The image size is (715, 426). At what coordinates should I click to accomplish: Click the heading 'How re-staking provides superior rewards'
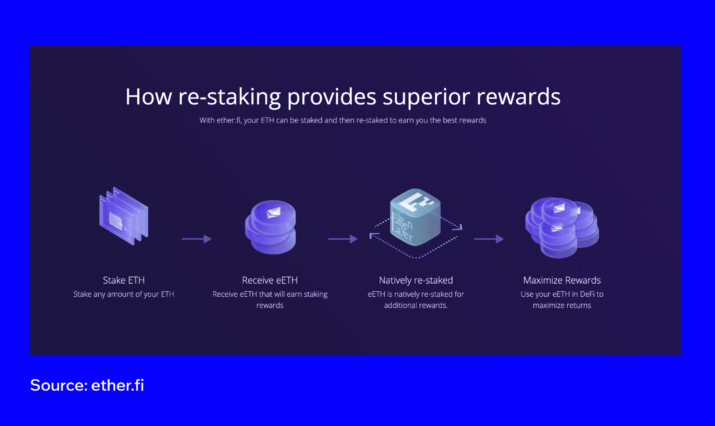click(343, 97)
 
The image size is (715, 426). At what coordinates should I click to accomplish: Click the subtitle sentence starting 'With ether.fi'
click(343, 120)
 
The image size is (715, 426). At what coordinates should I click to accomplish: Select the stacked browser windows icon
click(124, 216)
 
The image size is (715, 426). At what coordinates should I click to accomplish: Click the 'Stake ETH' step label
click(124, 280)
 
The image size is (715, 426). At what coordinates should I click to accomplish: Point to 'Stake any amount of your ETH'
click(124, 294)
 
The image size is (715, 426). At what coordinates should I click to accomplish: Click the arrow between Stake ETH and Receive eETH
click(197, 239)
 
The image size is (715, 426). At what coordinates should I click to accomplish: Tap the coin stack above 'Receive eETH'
click(270, 227)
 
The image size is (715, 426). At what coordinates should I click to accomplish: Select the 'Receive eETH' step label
click(270, 280)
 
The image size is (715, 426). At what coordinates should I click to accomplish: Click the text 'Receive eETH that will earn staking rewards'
click(270, 299)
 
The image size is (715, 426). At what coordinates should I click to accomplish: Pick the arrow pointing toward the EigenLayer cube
click(343, 239)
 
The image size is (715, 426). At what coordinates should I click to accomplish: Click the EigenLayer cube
click(415, 217)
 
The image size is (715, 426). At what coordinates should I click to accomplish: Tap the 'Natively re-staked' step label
click(416, 280)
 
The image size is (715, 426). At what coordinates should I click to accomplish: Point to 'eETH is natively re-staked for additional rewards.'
click(416, 299)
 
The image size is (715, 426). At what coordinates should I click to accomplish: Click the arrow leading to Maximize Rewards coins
click(489, 239)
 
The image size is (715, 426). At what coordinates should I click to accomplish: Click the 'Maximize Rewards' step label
click(562, 280)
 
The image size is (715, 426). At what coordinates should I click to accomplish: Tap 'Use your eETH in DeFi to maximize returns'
click(562, 299)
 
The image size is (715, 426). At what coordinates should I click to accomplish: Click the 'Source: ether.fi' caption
click(87, 385)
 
